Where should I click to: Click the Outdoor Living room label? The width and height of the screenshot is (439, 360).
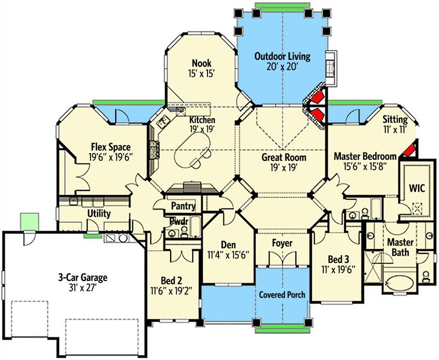[x=283, y=57]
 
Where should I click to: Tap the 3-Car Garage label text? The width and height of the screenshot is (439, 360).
[x=83, y=277]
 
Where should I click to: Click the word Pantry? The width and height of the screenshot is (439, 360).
[x=183, y=206]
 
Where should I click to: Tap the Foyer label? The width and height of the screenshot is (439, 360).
[x=283, y=243]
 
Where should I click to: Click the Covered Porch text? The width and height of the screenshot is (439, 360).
[x=283, y=294]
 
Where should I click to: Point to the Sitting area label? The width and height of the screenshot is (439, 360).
[x=395, y=119]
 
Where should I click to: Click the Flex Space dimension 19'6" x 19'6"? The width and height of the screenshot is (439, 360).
[x=111, y=158]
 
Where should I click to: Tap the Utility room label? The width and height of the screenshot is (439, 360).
[x=99, y=213]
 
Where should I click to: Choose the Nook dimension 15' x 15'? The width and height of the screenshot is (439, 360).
[x=202, y=73]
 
